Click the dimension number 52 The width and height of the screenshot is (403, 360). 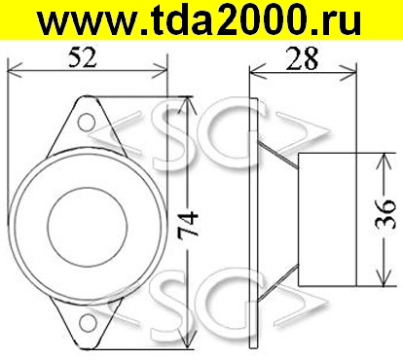[83, 57]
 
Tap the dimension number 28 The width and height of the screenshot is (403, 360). [302, 58]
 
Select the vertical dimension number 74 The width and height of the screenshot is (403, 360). [188, 224]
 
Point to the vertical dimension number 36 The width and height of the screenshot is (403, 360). [385, 214]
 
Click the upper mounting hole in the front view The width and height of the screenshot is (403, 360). [87, 122]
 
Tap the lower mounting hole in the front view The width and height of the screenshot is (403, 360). [88, 323]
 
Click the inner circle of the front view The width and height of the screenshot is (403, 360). [87, 226]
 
